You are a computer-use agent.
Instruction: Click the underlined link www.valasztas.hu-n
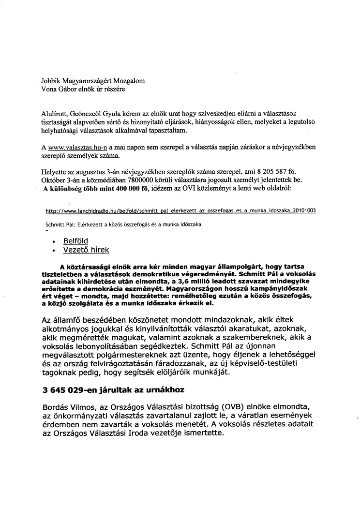(77, 147)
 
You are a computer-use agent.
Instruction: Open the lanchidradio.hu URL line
(180, 211)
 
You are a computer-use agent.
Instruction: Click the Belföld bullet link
(75, 240)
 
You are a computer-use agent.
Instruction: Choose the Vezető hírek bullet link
(86, 250)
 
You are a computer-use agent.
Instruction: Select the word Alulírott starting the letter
(56, 112)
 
